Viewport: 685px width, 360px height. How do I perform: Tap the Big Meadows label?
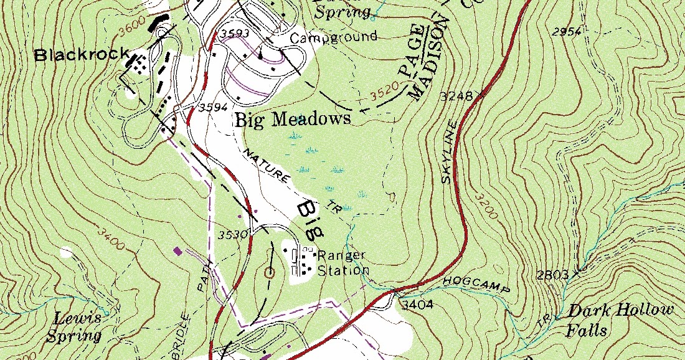tap(293, 119)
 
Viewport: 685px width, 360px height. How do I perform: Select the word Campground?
tap(334, 37)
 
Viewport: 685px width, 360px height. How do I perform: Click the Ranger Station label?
tap(342, 263)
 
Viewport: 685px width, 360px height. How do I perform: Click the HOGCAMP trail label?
tap(476, 285)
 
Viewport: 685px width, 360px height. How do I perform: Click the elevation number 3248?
tap(453, 97)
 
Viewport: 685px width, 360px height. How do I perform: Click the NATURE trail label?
tap(267, 167)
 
